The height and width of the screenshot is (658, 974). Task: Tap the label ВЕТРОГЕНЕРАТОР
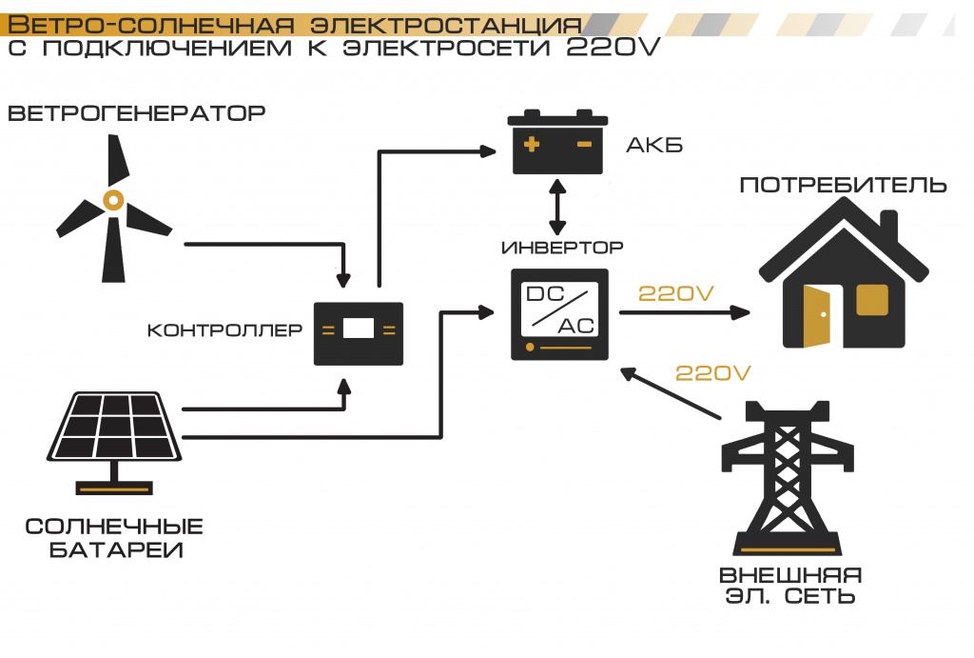pyautogui.click(x=136, y=114)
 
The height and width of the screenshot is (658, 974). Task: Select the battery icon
pyautogui.click(x=557, y=142)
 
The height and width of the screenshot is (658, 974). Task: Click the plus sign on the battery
pyautogui.click(x=532, y=146)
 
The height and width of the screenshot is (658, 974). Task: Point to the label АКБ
pyautogui.click(x=654, y=146)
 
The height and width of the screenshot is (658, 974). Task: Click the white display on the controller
pyautogui.click(x=359, y=329)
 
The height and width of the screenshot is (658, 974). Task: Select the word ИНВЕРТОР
pyautogui.click(x=562, y=248)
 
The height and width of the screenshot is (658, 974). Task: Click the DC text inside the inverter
pyautogui.click(x=546, y=295)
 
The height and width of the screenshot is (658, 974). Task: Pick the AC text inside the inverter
pyautogui.click(x=576, y=325)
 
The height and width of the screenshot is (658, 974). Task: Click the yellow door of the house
pyautogui.click(x=817, y=315)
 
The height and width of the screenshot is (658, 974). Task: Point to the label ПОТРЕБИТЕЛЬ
pyautogui.click(x=843, y=184)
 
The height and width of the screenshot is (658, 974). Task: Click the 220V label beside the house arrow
pyautogui.click(x=675, y=293)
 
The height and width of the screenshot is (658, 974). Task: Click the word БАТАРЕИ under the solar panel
pyautogui.click(x=115, y=549)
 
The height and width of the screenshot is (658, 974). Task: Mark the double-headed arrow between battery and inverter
pyautogui.click(x=557, y=205)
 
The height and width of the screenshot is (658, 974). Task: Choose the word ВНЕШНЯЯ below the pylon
pyautogui.click(x=790, y=575)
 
